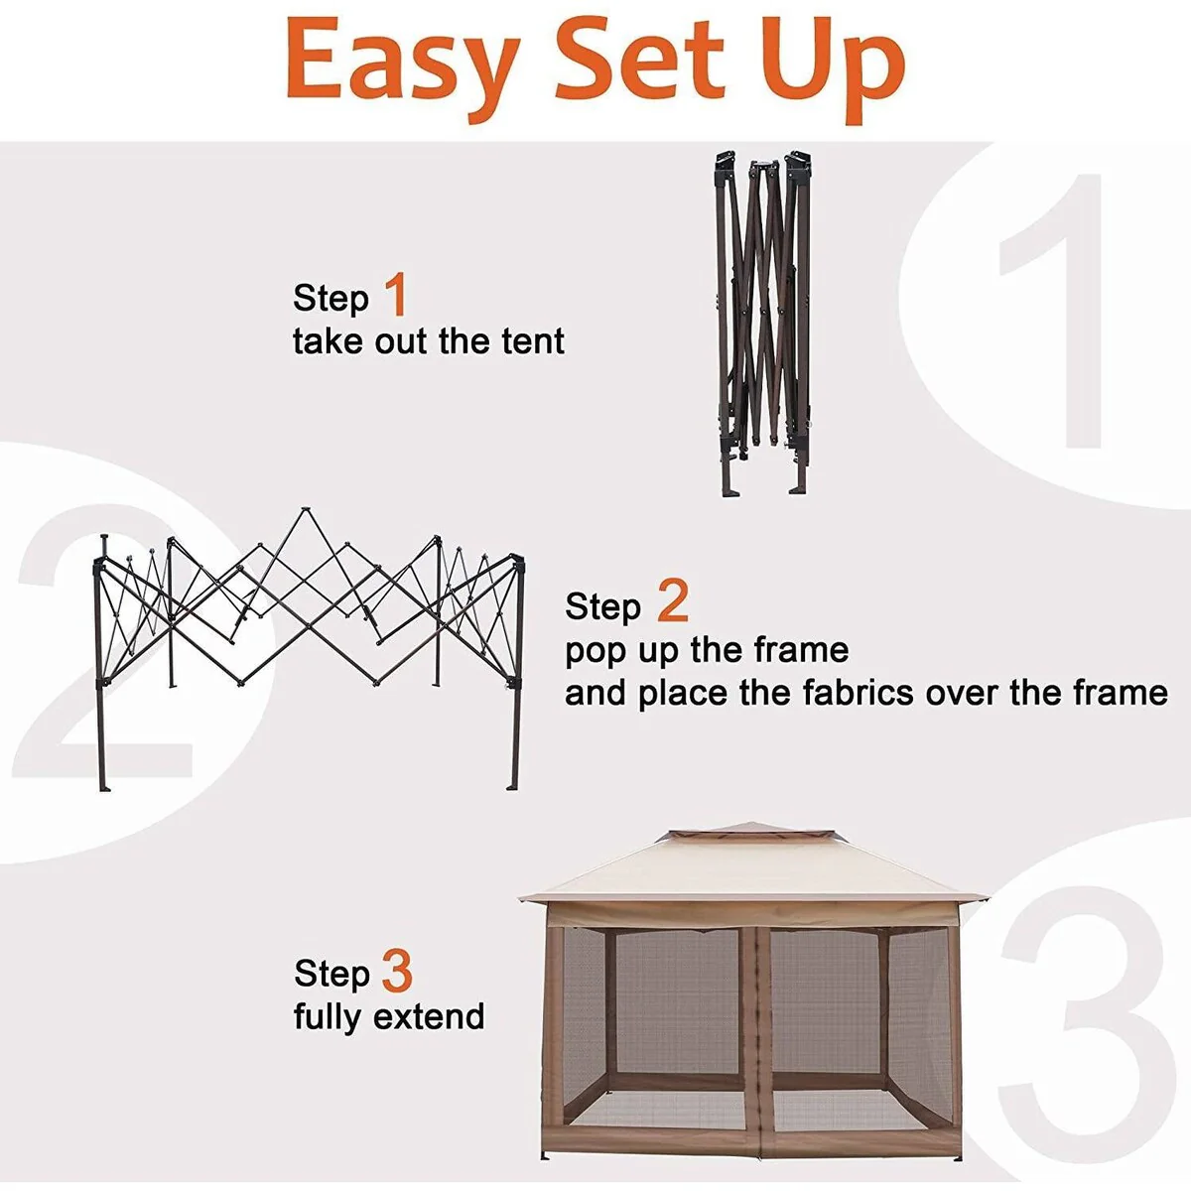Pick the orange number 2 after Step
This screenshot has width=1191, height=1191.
click(673, 600)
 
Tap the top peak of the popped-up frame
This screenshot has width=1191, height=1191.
click(304, 510)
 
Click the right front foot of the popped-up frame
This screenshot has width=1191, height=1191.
click(513, 787)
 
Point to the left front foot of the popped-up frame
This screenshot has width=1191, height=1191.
click(105, 787)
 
